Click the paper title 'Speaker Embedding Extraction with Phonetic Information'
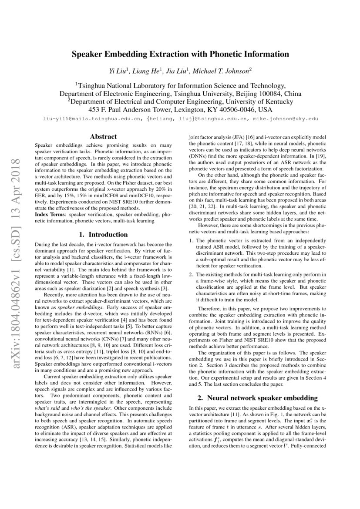click(180, 54)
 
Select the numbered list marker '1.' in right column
click(191, 240)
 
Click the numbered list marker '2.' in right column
click(191, 274)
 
